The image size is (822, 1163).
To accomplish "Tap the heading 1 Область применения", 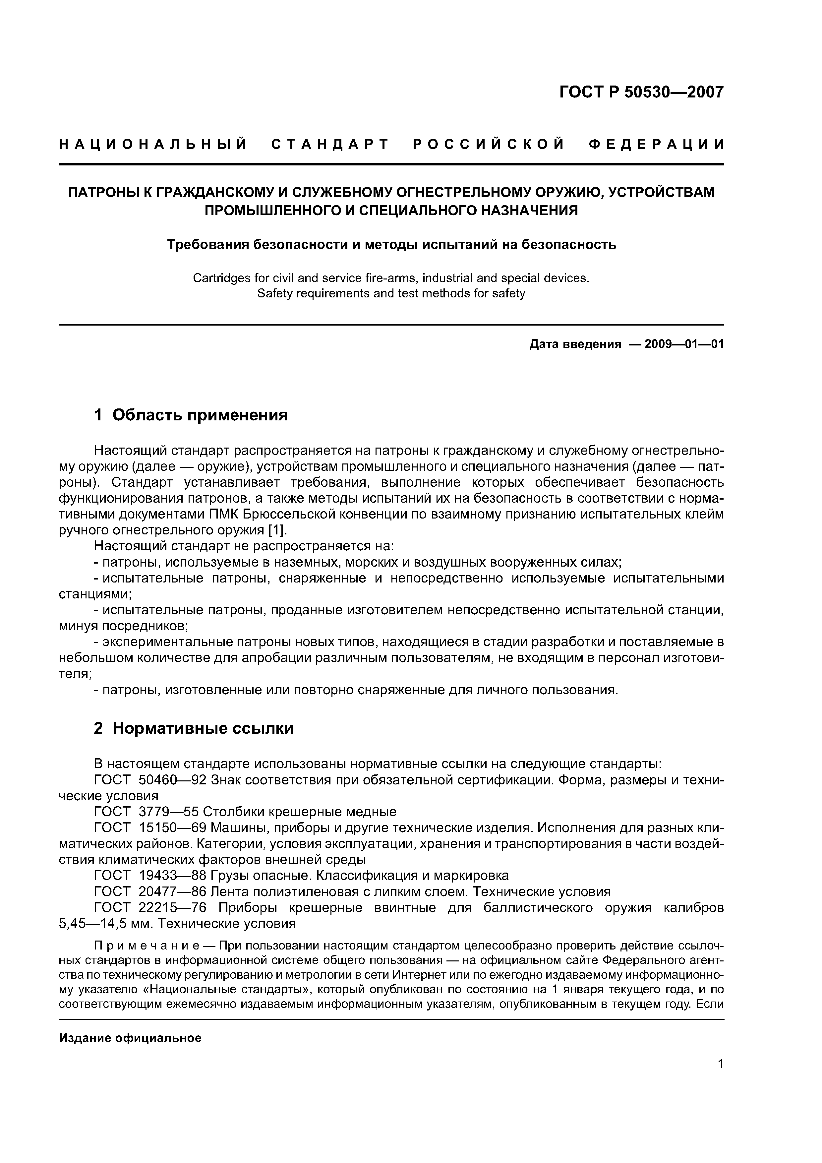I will click(191, 415).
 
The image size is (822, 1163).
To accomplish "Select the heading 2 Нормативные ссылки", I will click(194, 728).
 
